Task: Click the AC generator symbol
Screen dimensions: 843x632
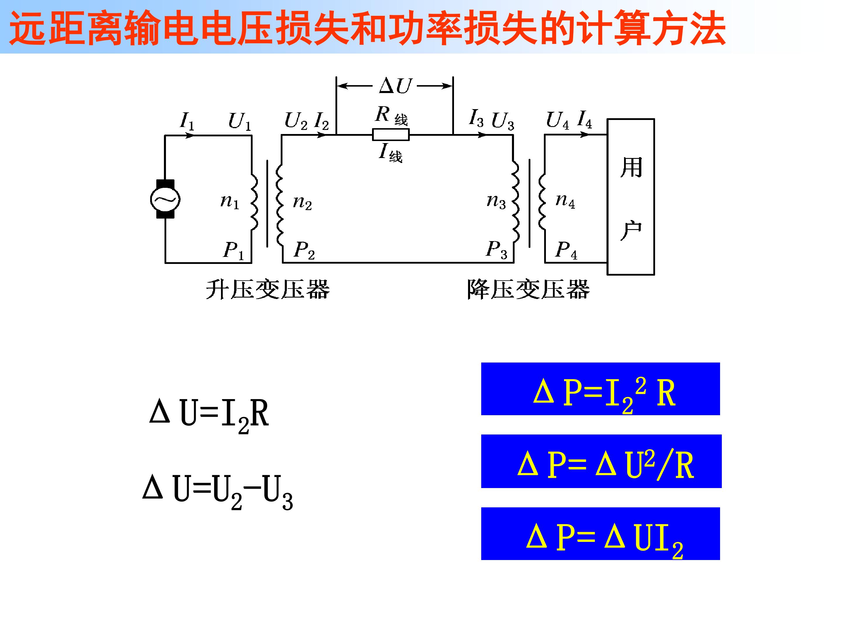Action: (165, 199)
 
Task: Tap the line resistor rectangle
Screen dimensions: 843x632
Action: (391, 135)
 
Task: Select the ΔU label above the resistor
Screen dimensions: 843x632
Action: (395, 86)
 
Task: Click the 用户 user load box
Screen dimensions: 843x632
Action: (631, 197)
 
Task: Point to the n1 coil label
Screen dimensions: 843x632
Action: (230, 201)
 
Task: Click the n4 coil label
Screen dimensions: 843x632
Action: (565, 200)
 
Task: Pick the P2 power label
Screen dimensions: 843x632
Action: (304, 250)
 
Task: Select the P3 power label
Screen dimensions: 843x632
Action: (496, 250)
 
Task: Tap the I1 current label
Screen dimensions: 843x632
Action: (187, 121)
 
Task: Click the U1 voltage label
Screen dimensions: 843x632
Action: (240, 121)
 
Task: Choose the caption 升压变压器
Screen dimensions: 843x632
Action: (268, 290)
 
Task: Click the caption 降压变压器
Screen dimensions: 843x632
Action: (528, 290)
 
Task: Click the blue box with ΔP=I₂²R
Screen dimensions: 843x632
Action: (601, 389)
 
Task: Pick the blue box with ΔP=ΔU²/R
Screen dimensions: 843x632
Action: (602, 461)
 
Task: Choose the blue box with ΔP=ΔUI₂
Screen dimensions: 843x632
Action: (601, 534)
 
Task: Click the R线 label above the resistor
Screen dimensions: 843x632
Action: (391, 115)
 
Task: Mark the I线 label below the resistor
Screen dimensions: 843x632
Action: (391, 152)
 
